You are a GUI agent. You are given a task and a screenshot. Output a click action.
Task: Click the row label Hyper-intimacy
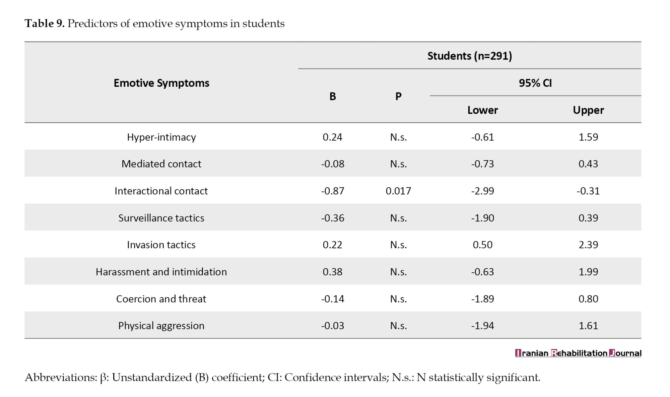pos(161,137)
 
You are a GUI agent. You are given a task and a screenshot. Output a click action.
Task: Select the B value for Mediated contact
pos(333,164)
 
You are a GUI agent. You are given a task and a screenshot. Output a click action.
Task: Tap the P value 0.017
pos(398,191)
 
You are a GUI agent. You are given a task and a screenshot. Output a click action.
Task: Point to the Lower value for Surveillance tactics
pos(483,218)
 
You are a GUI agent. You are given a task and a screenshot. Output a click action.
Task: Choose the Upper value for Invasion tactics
pos(588,245)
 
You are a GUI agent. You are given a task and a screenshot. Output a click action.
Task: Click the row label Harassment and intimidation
pos(161,272)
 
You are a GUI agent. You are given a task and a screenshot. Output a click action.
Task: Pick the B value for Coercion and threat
pos(333,299)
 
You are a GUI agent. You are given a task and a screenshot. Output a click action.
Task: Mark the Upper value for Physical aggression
pos(588,326)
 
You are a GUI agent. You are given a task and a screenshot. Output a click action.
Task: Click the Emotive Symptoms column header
pos(161,83)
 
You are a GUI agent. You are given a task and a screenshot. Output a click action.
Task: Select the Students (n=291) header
pos(470,56)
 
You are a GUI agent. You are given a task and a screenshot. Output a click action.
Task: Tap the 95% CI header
pos(535,83)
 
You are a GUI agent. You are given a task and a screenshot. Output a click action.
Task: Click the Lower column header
pos(483,110)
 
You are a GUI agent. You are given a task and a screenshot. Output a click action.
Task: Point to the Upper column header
pos(588,110)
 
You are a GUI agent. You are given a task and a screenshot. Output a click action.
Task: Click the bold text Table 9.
pos(45,23)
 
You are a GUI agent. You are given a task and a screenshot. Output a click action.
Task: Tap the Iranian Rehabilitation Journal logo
pos(578,353)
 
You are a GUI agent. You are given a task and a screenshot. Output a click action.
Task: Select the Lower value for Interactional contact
pos(483,191)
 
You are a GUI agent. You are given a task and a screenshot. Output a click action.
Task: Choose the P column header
pos(398,96)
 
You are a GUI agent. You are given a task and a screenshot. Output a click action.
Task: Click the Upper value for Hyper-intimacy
pos(588,137)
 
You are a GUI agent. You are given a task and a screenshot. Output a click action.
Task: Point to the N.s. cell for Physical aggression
pos(398,326)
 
